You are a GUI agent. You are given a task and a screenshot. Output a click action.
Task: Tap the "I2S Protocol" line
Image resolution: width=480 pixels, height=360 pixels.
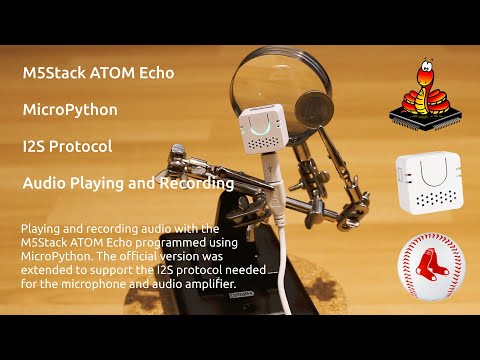point(66,146)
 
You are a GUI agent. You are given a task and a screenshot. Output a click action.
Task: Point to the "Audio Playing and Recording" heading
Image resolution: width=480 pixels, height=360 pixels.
point(128,183)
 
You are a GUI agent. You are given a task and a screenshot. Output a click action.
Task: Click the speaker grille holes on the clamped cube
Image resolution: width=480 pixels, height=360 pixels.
point(262,146)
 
